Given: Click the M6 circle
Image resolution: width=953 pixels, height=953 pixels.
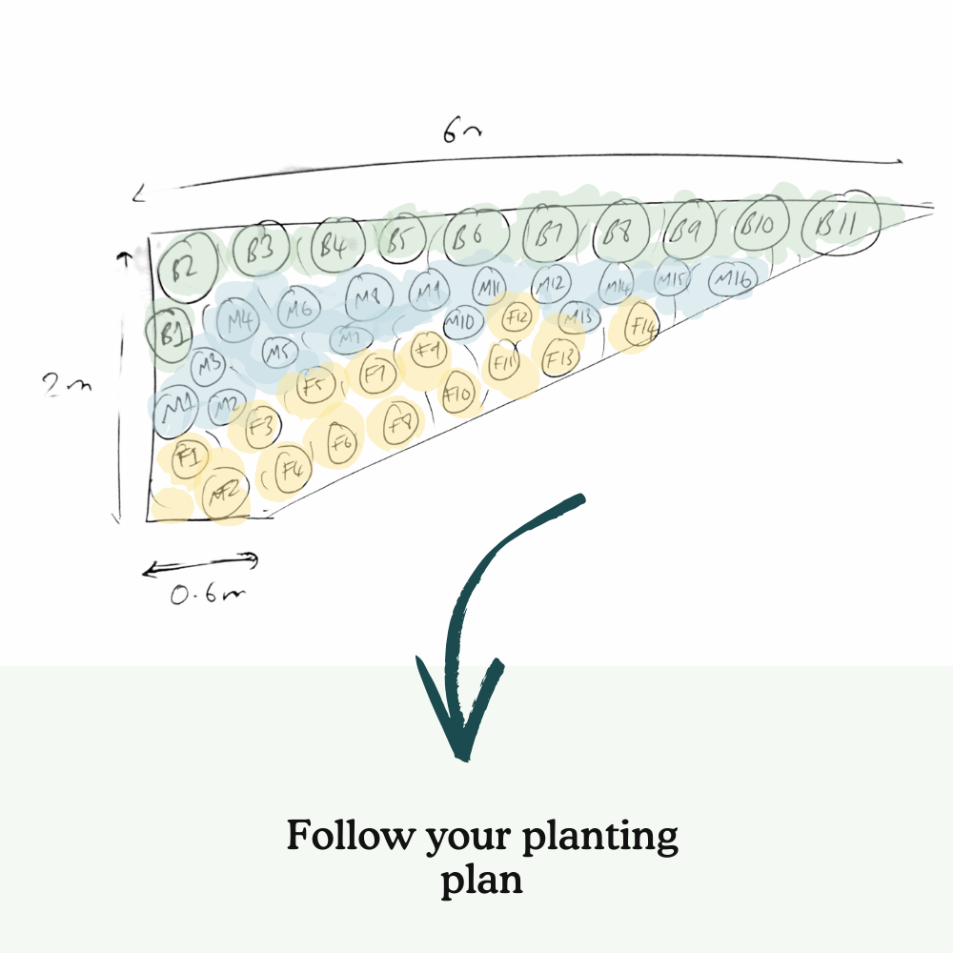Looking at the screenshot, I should [x=299, y=312].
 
